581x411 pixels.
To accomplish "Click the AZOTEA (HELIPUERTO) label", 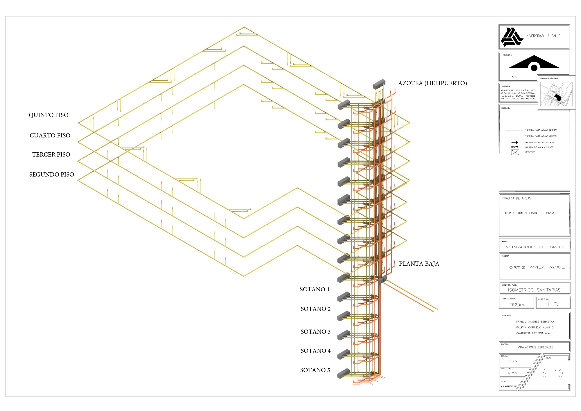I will pyautogui.click(x=432, y=83).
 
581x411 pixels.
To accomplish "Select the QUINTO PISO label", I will pyautogui.click(x=49, y=115).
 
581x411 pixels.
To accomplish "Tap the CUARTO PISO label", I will pyautogui.click(x=50, y=135).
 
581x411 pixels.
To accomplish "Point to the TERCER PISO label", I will pyautogui.click(x=51, y=155).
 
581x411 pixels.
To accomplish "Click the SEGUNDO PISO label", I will pyautogui.click(x=51, y=175).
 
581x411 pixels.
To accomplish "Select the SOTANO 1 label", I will pyautogui.click(x=315, y=289).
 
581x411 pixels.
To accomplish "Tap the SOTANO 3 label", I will pyautogui.click(x=316, y=332).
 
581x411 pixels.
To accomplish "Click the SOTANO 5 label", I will pyautogui.click(x=315, y=370).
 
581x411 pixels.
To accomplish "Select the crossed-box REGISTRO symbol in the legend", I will pyautogui.click(x=515, y=152).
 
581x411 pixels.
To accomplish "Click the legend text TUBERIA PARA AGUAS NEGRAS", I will pyautogui.click(x=541, y=130).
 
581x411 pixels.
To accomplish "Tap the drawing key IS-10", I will pyautogui.click(x=551, y=373).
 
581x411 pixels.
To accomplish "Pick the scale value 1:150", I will pyautogui.click(x=514, y=361).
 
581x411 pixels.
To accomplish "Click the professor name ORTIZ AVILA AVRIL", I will pyautogui.click(x=537, y=267).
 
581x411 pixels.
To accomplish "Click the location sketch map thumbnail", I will pyautogui.click(x=556, y=94).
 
